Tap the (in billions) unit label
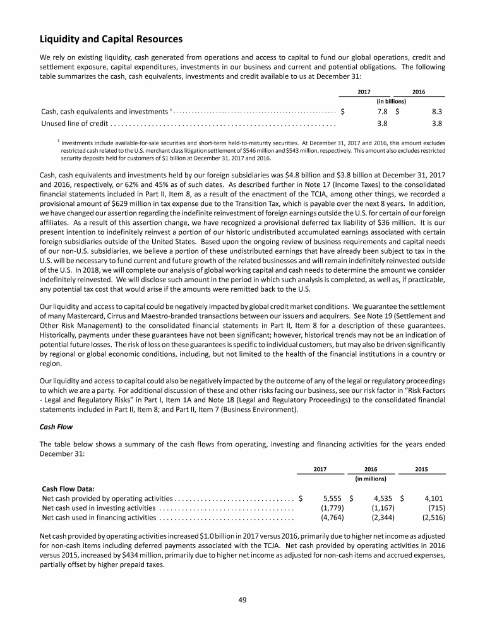tap(391, 101)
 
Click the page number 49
tap(242, 599)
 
